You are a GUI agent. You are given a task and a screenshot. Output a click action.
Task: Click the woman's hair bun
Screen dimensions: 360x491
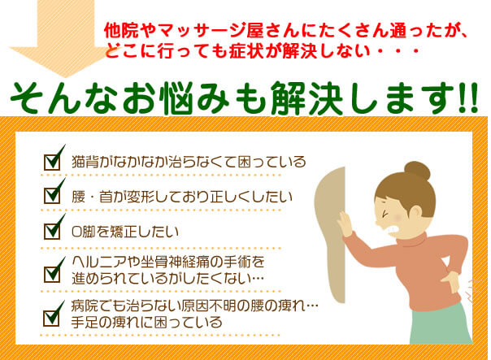[417, 171]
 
